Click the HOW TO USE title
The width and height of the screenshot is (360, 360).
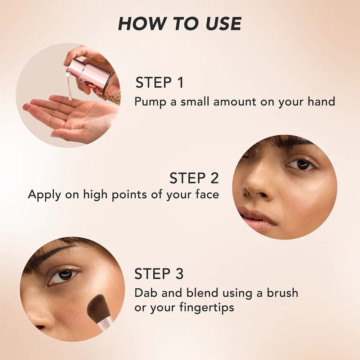pos(180,24)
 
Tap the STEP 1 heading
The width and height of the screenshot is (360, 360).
pos(159,82)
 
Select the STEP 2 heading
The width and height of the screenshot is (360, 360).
pos(194,178)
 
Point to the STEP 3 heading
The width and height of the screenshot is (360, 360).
pos(159,274)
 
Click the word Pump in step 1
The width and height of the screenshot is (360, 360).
pos(150,102)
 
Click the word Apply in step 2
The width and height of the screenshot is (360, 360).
pos(45,195)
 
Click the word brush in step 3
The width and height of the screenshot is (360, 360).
pos(282,293)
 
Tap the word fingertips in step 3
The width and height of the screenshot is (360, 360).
pos(207,307)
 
